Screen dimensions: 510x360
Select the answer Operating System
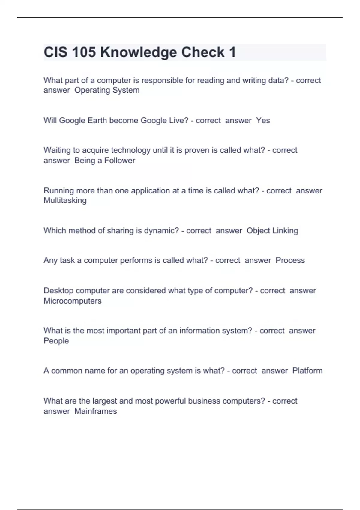click(107, 90)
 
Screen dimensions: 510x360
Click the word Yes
click(263, 120)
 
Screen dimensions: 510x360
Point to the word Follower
click(120, 160)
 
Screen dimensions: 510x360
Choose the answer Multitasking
click(65, 200)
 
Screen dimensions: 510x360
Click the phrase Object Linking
click(272, 231)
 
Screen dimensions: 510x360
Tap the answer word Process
click(290, 260)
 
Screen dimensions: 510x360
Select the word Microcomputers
click(73, 301)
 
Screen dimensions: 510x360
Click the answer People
click(56, 341)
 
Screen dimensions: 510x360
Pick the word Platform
click(307, 371)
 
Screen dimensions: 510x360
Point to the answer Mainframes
click(96, 411)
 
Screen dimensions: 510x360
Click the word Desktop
click(58, 291)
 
